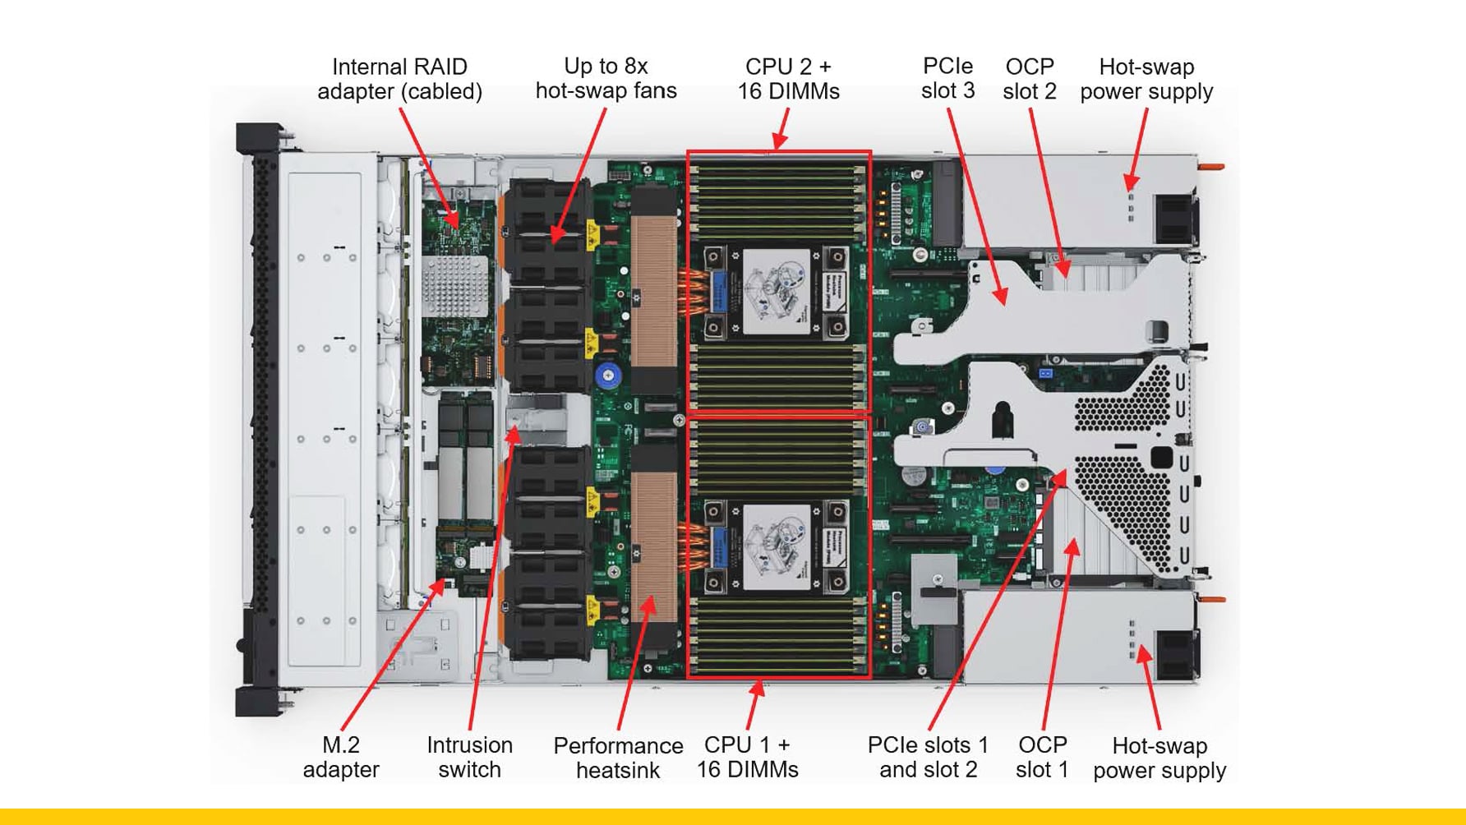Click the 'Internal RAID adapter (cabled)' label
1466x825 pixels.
399,79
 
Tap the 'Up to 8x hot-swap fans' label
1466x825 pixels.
606,78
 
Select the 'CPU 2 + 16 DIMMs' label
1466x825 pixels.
788,79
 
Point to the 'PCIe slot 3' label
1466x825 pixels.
947,78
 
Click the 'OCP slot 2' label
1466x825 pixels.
1029,79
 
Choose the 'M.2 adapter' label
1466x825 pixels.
340,757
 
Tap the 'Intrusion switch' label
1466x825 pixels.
469,757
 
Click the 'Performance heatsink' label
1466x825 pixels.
618,758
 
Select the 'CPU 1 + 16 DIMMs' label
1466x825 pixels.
747,757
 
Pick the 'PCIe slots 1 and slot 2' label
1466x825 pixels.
928,757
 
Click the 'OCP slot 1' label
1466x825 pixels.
1042,757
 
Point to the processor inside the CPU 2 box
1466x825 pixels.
776,293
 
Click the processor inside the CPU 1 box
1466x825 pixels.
776,547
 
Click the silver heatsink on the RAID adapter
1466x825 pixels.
454,285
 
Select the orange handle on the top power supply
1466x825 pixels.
1212,168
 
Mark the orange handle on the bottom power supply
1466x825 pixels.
1212,599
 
